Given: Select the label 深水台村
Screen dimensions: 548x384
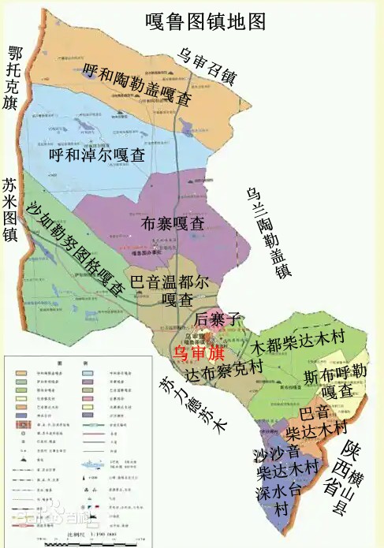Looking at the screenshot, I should click(x=281, y=500).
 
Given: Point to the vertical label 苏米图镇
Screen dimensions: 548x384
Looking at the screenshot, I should click(x=11, y=210).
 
